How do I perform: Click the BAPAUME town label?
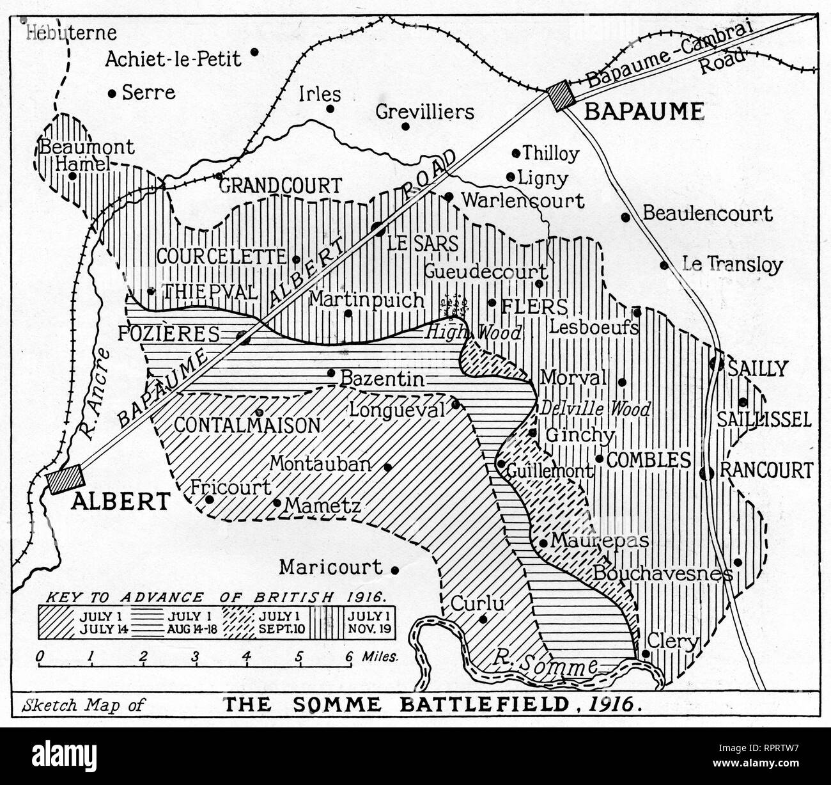(x=644, y=112)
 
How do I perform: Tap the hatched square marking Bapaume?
(x=561, y=97)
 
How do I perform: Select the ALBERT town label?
(x=120, y=501)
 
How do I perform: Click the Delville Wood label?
(x=595, y=408)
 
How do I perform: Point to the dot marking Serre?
(x=112, y=93)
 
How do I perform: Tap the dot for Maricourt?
(x=395, y=569)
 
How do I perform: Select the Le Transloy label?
(x=732, y=264)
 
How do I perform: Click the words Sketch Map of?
(x=84, y=706)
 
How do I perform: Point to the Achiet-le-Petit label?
(x=173, y=59)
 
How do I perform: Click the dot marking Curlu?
(x=483, y=619)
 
